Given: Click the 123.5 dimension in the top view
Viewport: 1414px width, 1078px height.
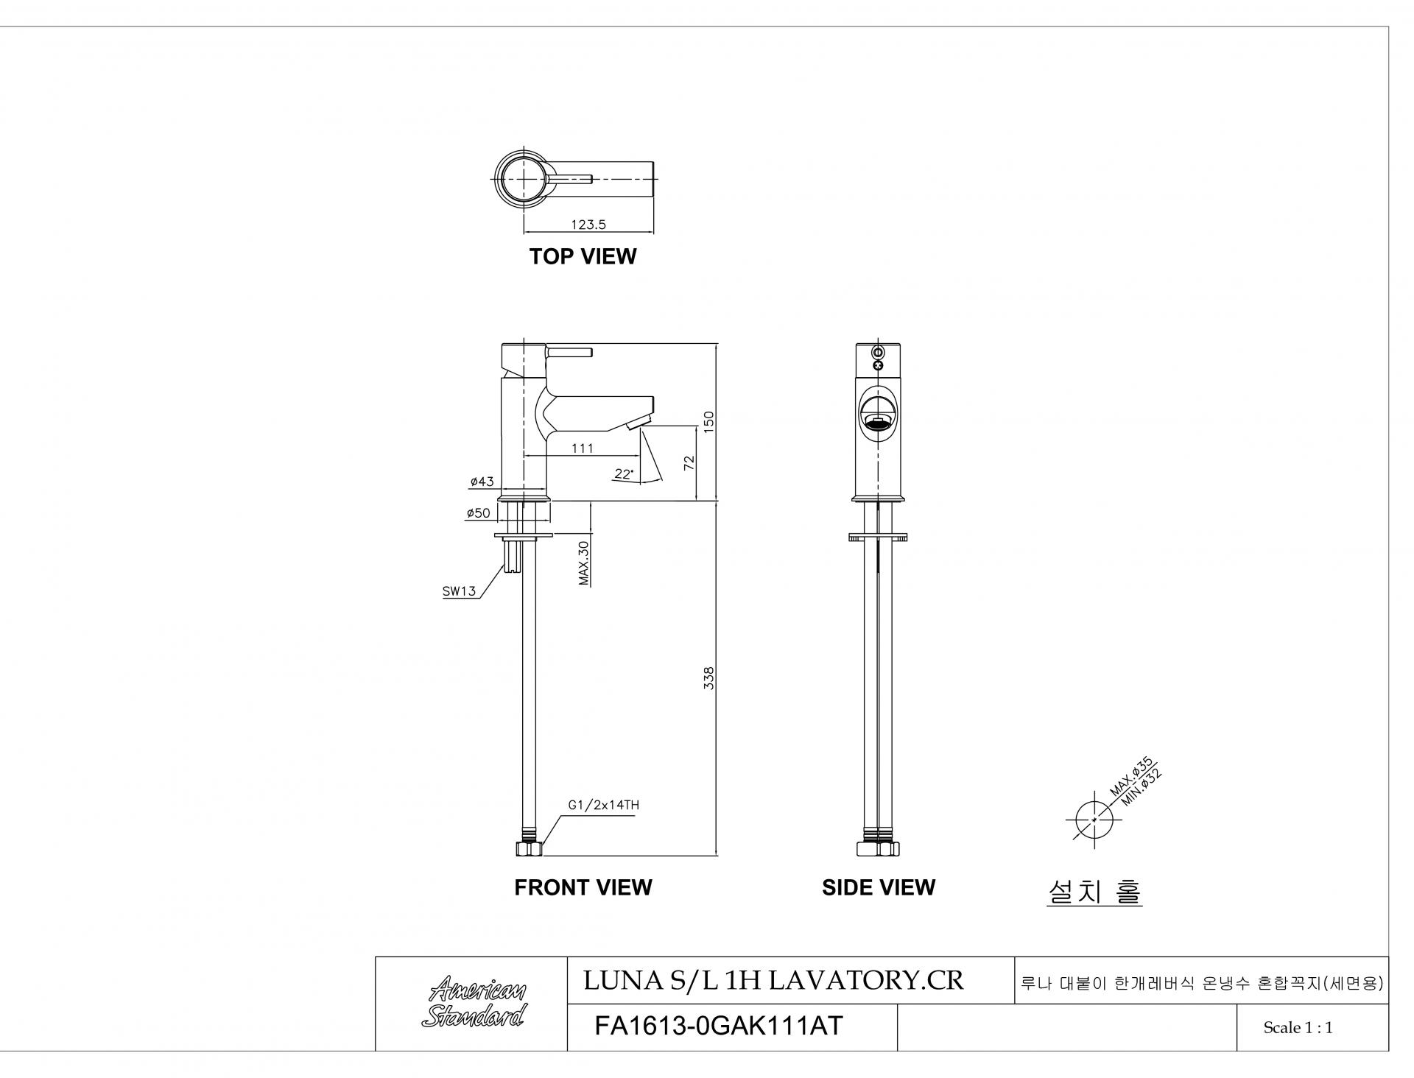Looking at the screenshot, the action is point(588,225).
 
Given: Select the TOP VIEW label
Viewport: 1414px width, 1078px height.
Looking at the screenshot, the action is point(583,256).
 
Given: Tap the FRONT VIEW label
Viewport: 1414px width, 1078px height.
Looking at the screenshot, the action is point(583,887).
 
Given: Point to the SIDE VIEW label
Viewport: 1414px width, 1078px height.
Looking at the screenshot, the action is point(879,887).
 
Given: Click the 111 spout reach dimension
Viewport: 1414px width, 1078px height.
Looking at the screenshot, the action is point(582,448).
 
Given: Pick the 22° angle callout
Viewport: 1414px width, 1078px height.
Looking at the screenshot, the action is point(624,474).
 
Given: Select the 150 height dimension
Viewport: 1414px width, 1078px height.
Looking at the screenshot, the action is point(708,422).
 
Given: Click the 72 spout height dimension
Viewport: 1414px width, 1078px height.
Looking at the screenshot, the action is point(689,463).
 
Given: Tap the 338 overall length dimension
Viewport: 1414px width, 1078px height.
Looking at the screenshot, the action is point(708,678).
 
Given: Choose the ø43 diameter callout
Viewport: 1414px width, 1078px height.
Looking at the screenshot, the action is point(482,482).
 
